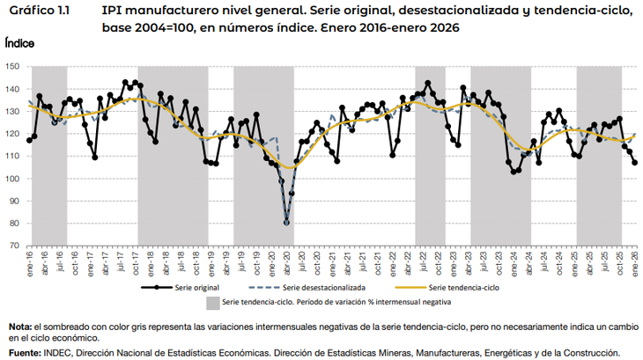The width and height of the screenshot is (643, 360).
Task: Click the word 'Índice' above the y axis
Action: point(19,42)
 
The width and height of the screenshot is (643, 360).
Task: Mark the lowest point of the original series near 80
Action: point(286,222)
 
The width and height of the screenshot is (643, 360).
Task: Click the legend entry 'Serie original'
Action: point(196,287)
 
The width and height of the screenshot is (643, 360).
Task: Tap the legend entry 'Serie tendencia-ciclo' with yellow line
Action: point(464,287)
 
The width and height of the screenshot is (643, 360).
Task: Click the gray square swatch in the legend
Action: point(211,303)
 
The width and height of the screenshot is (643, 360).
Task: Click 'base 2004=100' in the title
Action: point(152,28)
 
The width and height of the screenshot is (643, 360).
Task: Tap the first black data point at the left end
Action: point(29,140)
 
